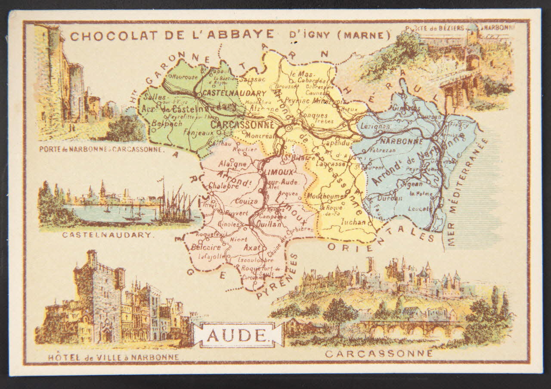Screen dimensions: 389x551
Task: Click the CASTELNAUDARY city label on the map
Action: point(234,93)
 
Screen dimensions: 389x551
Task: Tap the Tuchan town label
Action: point(353,222)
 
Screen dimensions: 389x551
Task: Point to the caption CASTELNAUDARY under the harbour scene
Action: point(107,235)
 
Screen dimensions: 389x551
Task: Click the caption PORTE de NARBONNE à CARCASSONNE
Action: point(101,150)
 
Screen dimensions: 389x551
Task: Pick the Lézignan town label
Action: point(374,126)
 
